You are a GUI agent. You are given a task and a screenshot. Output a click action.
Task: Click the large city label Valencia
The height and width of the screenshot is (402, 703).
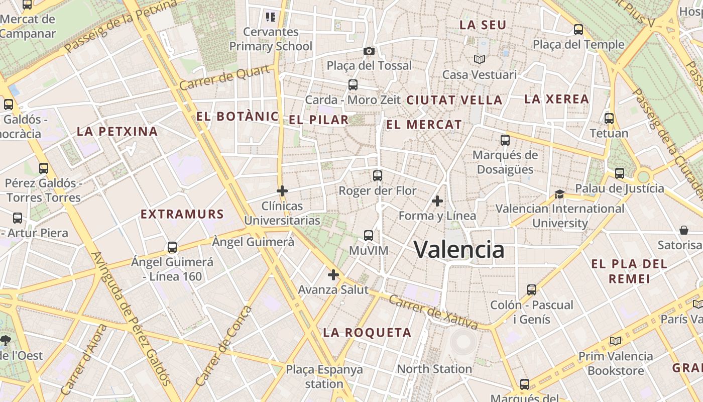[x=459, y=249]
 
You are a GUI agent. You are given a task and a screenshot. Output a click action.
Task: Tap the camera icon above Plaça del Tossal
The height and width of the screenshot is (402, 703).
[x=369, y=51]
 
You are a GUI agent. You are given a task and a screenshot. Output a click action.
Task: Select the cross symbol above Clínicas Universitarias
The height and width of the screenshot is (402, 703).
[x=282, y=191]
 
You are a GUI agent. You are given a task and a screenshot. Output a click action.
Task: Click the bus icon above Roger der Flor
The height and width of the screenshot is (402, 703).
[x=378, y=176]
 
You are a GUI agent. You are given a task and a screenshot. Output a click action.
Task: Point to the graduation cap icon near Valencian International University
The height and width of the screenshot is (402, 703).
[x=559, y=194]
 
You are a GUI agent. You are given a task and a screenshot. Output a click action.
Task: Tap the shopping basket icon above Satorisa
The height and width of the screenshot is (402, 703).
[x=683, y=230]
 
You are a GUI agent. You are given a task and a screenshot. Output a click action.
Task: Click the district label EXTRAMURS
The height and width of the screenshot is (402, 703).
[x=182, y=214]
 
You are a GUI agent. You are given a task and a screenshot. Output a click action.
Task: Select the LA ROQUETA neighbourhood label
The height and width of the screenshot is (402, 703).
[x=367, y=332]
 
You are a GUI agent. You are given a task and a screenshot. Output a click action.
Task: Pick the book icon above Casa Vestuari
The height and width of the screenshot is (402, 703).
[x=480, y=59]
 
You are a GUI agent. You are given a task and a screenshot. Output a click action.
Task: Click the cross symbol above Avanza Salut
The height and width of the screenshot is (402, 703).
[x=333, y=275]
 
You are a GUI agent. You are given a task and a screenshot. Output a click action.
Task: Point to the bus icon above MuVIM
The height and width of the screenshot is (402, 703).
[x=369, y=235]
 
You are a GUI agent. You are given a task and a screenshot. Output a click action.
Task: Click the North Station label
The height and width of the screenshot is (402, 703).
[x=434, y=369]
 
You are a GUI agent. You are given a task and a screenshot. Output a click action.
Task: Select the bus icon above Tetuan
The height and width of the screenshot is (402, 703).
[x=609, y=119]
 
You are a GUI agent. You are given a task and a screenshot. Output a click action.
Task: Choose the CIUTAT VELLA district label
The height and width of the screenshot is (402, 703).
[x=454, y=100]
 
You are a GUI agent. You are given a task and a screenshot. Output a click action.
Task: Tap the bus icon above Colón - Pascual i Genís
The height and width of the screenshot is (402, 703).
[x=532, y=289]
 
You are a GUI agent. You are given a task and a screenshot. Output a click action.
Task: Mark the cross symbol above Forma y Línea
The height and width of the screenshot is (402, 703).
[x=437, y=201]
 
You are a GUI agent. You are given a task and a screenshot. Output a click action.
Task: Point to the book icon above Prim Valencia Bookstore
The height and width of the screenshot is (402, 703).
[x=616, y=341]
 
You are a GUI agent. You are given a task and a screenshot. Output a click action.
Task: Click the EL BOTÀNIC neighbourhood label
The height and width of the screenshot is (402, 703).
[x=237, y=117]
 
